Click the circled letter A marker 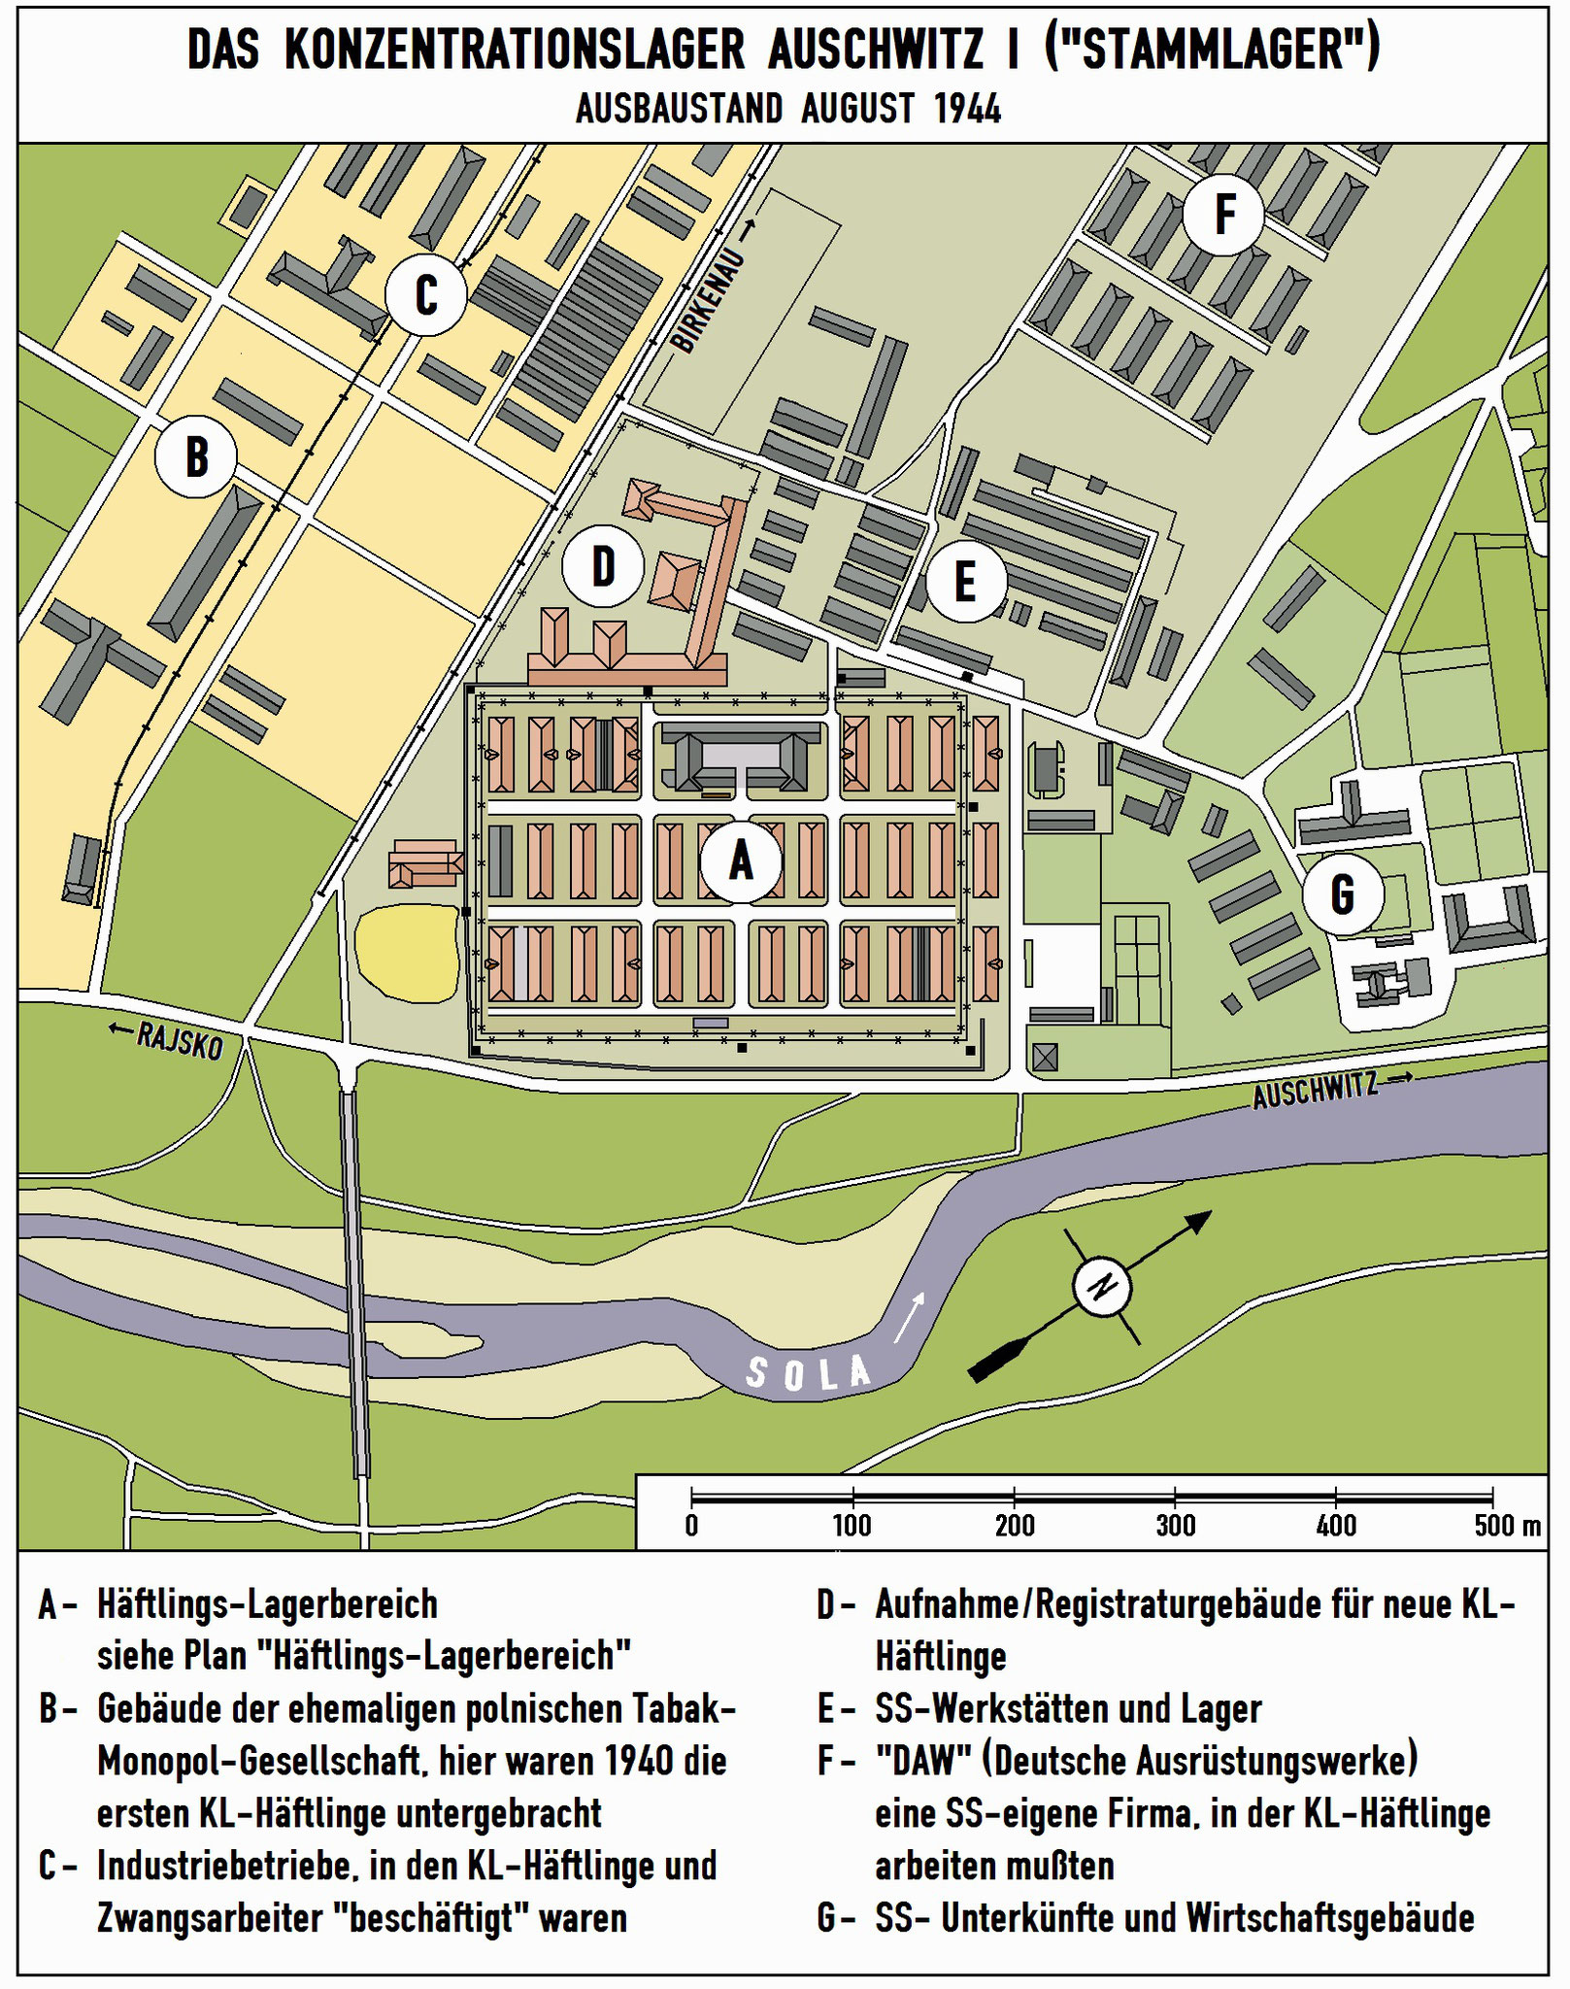pyautogui.click(x=741, y=860)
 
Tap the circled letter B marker pyautogui.click(x=197, y=455)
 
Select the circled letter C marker pyautogui.click(x=425, y=295)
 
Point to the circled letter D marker pyautogui.click(x=603, y=565)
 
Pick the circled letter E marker pyautogui.click(x=964, y=582)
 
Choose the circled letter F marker pyautogui.click(x=1223, y=214)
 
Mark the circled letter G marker pyautogui.click(x=1342, y=893)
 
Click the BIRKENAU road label pyautogui.click(x=710, y=302)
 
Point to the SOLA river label pyautogui.click(x=808, y=1372)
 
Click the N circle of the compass pyautogui.click(x=1102, y=1288)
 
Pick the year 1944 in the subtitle pyautogui.click(x=967, y=110)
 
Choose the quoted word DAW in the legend pyautogui.click(x=916, y=1760)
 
